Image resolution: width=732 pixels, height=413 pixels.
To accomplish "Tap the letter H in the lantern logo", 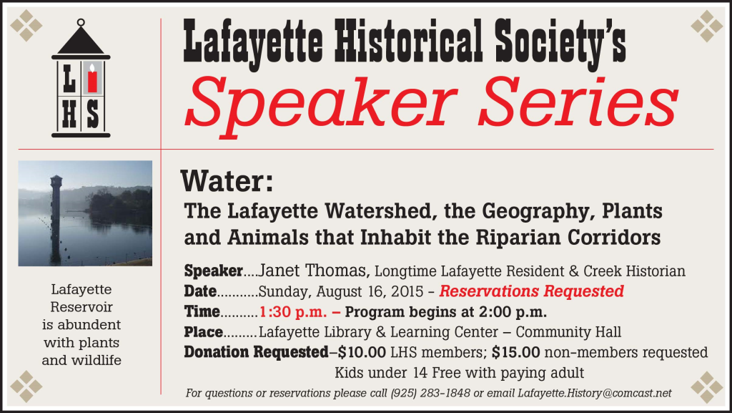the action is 69,115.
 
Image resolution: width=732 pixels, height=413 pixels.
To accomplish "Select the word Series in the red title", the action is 578,101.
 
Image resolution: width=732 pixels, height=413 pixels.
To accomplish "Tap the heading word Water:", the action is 227,181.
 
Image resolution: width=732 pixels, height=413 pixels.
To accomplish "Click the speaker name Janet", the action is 279,271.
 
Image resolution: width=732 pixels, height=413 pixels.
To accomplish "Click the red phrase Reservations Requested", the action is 531,291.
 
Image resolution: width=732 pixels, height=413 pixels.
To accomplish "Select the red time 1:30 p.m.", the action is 293,311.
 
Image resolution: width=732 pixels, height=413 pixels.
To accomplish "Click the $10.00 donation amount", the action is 362,352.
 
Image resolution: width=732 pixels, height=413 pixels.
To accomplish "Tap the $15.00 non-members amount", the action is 516,352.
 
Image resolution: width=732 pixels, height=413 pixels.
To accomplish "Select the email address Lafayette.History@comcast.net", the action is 594,394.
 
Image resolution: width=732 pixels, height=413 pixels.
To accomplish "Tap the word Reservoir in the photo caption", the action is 81,307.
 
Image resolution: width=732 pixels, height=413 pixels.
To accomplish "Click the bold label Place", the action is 203,332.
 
